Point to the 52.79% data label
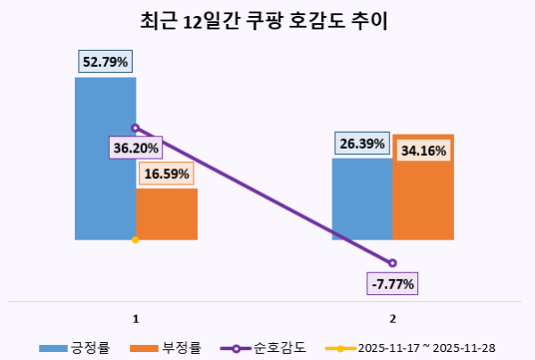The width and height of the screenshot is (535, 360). tap(105, 62)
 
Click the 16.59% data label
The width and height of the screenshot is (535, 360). tap(167, 175)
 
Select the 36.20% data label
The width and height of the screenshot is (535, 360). tap(135, 147)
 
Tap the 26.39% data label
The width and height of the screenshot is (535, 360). tap(361, 143)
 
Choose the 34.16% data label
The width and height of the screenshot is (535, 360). tap(424, 151)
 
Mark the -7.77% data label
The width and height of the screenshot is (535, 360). tap(392, 284)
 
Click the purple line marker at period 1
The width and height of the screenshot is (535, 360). tap(136, 127)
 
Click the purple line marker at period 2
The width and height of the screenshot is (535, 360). tap(392, 262)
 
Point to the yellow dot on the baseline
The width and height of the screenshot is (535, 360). tap(135, 240)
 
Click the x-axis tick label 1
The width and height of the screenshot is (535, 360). tap(135, 317)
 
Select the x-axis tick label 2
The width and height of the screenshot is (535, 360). tap(392, 317)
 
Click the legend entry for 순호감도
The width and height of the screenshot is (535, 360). tap(264, 348)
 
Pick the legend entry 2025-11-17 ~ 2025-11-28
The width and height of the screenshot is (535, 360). tap(411, 348)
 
